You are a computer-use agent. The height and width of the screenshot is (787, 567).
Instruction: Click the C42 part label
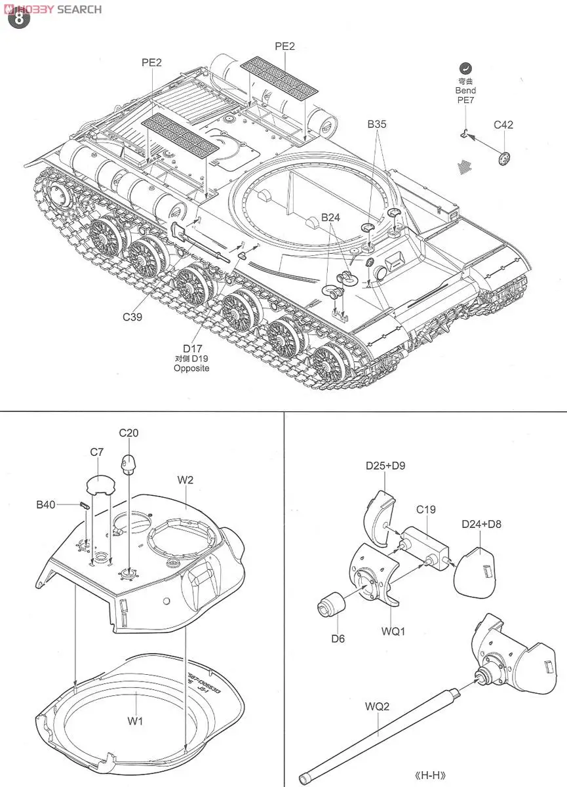pyautogui.click(x=503, y=125)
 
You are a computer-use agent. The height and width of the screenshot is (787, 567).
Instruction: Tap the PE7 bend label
pyautogui.click(x=466, y=100)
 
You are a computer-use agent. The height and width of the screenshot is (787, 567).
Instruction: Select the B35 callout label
pyautogui.click(x=378, y=123)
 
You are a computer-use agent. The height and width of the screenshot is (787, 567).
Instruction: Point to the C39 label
pyautogui.click(x=134, y=316)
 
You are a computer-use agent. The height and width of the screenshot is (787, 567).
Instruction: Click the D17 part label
pyautogui.click(x=191, y=348)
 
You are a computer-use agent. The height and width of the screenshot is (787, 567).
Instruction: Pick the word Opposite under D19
pyautogui.click(x=191, y=369)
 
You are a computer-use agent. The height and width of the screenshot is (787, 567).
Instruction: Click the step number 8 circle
pyautogui.click(x=18, y=17)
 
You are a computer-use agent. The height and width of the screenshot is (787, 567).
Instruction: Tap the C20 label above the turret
pyautogui.click(x=128, y=433)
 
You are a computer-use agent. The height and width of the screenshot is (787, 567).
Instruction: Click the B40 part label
pyautogui.click(x=47, y=504)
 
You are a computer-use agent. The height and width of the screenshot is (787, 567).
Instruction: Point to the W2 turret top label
pyautogui.click(x=186, y=480)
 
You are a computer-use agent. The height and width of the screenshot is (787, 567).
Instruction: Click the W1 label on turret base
pyautogui.click(x=135, y=721)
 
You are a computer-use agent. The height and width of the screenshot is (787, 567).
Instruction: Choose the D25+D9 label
pyautogui.click(x=385, y=466)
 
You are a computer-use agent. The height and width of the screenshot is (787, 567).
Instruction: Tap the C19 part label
pyautogui.click(x=425, y=510)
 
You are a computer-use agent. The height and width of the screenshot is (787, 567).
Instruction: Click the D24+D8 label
pyautogui.click(x=481, y=524)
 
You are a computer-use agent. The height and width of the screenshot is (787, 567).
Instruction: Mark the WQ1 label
pyautogui.click(x=393, y=632)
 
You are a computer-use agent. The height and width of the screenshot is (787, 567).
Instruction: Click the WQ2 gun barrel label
pyautogui.click(x=378, y=707)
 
